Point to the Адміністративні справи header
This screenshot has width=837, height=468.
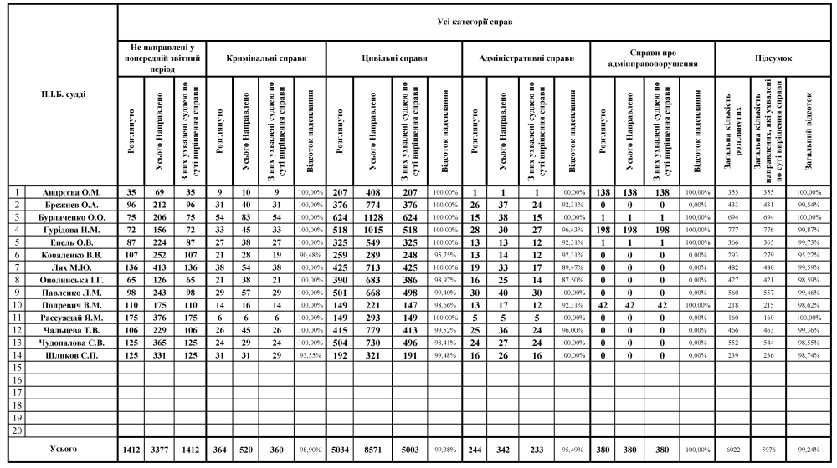pyautogui.click(x=526, y=59)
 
